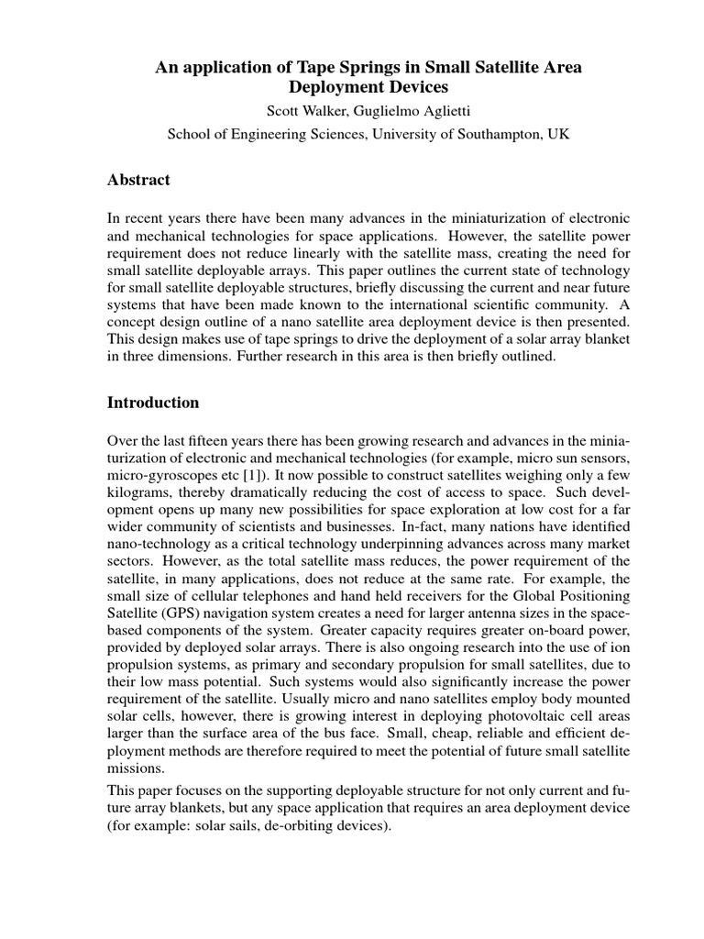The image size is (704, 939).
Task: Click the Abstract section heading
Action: coord(138,181)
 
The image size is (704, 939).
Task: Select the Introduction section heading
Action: coord(153,403)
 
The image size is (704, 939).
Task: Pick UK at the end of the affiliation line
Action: coord(558,134)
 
